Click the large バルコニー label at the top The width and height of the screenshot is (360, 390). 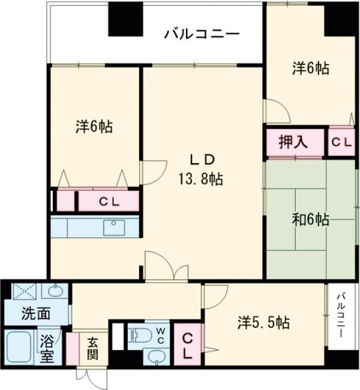(202, 34)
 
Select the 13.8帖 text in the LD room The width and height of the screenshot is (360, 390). (200, 178)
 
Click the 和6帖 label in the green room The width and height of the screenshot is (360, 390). (311, 220)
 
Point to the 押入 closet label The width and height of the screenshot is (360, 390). (293, 142)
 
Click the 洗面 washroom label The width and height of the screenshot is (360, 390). (35, 313)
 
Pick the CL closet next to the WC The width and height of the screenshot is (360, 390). (188, 345)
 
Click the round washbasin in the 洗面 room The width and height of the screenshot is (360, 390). (53, 292)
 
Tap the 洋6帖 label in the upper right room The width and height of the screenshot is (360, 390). (310, 69)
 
